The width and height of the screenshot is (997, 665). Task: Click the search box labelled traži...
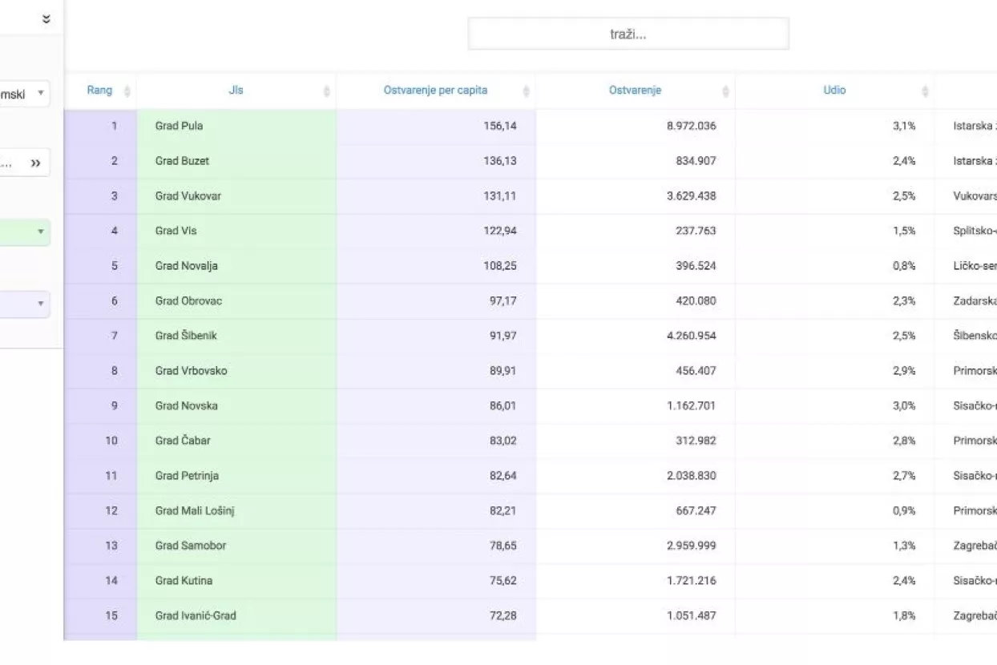[628, 34]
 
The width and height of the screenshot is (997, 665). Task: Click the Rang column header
[99, 91]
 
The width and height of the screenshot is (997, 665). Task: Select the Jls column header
[236, 91]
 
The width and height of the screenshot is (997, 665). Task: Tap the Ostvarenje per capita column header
[435, 91]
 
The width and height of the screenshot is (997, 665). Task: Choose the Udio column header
[834, 91]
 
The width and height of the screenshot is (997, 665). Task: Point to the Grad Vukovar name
[188, 196]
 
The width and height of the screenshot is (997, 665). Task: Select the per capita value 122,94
[499, 231]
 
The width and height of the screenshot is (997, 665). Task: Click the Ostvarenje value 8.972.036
[691, 126]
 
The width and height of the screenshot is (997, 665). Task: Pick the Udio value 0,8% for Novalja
[904, 266]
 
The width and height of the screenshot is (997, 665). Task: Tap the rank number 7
[115, 336]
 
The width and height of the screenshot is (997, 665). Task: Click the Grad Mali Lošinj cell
[195, 510]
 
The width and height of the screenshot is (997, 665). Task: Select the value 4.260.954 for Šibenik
[691, 336]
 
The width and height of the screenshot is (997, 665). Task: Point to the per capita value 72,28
[503, 615]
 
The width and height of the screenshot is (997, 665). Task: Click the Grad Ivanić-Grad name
[196, 615]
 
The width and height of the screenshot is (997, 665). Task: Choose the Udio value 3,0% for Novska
[904, 405]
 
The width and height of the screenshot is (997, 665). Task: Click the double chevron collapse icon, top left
[46, 20]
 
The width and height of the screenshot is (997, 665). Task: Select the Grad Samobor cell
[191, 546]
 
